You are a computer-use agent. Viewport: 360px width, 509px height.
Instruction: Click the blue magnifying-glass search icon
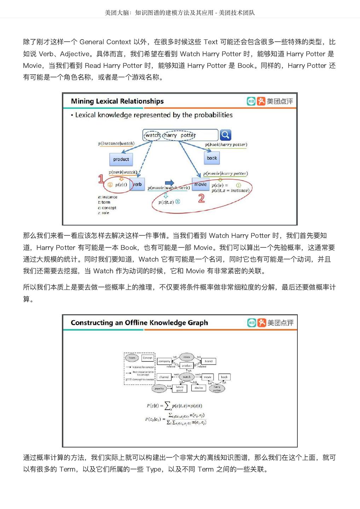(225, 135)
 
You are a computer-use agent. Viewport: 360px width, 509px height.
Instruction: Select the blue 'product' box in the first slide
(121, 159)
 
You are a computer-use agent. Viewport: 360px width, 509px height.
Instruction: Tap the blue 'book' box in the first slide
(212, 158)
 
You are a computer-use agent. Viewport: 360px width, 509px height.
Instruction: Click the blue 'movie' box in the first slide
(201, 185)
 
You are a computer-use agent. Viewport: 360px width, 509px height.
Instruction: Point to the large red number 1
(101, 179)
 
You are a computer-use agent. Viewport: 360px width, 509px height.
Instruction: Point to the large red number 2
(201, 198)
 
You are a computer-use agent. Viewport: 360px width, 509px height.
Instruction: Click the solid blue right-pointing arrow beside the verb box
(169, 183)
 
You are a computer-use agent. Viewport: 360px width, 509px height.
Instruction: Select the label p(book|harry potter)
(226, 145)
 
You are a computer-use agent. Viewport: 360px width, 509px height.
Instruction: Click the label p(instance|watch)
(116, 144)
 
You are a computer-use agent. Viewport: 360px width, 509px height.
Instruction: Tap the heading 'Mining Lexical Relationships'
(117, 101)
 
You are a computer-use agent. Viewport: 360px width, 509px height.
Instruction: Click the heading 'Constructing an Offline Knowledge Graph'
(139, 323)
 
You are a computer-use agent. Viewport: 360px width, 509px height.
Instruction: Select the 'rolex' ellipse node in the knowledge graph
(187, 357)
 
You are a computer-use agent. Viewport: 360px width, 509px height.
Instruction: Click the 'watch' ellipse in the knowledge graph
(186, 377)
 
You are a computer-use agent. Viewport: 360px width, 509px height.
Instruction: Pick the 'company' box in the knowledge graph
(164, 361)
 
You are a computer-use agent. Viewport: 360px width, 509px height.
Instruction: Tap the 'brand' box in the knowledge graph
(209, 361)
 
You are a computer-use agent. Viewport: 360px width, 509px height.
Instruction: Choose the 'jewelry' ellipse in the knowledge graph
(159, 388)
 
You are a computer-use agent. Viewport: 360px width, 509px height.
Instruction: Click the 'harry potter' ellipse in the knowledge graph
(217, 388)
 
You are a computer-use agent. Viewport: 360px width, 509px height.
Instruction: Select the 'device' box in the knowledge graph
(199, 388)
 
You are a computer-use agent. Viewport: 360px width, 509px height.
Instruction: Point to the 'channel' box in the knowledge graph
(164, 377)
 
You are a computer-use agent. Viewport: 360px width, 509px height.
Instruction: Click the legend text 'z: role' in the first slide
(104, 213)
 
